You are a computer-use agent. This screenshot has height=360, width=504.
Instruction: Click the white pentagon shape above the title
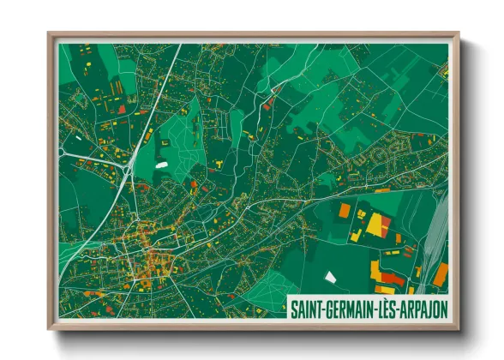[331, 277]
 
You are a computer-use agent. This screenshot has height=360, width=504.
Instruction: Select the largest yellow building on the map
[375, 225]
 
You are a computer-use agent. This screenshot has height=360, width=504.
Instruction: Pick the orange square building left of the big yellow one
[344, 209]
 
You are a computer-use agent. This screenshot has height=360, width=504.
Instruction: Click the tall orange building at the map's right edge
[440, 274]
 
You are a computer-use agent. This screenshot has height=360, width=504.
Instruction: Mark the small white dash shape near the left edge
[79, 136]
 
